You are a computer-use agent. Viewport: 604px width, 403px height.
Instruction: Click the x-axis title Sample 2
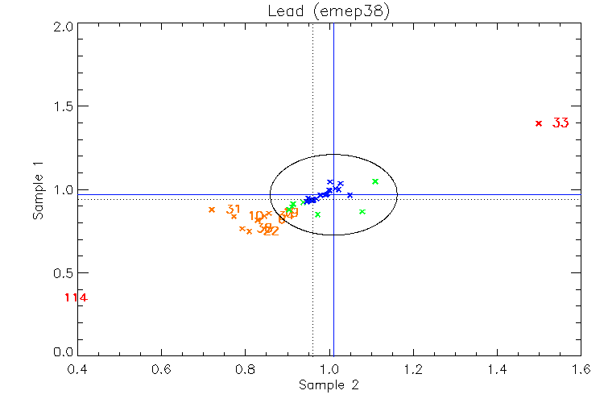pyautogui.click(x=329, y=385)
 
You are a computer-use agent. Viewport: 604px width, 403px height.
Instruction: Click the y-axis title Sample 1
pyautogui.click(x=37, y=190)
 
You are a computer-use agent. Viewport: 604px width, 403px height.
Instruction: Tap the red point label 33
pyautogui.click(x=561, y=123)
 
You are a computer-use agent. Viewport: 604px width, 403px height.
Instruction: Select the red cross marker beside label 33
pyautogui.click(x=538, y=123)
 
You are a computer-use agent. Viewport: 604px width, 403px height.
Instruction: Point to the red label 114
pyautogui.click(x=76, y=298)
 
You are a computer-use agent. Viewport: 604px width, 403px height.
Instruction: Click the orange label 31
pyautogui.click(x=234, y=210)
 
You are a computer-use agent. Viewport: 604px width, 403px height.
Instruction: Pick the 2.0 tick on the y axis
pyautogui.click(x=65, y=26)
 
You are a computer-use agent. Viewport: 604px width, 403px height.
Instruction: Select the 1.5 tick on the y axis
pyautogui.click(x=65, y=107)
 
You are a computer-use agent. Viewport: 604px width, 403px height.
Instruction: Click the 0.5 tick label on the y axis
pyautogui.click(x=65, y=272)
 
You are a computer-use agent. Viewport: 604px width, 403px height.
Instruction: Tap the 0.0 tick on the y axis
pyautogui.click(x=65, y=354)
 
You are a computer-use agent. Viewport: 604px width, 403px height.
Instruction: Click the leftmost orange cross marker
pyautogui.click(x=212, y=210)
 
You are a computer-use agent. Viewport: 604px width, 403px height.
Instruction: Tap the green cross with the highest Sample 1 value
pyautogui.click(x=375, y=181)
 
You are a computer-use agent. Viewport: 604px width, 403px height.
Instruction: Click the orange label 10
pyautogui.click(x=256, y=216)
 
